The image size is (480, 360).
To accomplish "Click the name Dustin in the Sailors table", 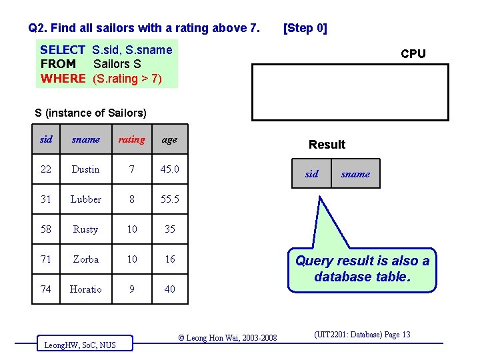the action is pos(85,169).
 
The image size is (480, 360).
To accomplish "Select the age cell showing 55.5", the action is pos(170,199).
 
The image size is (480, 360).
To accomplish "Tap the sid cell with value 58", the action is pos(46,229).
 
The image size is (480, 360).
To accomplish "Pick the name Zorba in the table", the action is pos(85,259).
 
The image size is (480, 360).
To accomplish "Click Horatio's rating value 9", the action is pos(132,289).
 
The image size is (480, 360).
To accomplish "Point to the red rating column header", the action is pos(131,139).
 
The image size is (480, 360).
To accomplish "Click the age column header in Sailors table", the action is pos(170,139).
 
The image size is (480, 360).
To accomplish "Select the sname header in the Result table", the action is pos(355,174).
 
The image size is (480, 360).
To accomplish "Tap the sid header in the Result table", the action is pos(311,174).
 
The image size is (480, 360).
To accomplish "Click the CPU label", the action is pos(413,54).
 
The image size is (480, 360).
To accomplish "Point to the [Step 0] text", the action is pos(305,28).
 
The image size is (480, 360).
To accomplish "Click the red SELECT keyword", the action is pos(63,50).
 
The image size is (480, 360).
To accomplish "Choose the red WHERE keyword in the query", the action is pos(63,79).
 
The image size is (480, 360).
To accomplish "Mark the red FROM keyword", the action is pos(58,65).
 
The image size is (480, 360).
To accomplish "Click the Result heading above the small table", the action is pos(327,145).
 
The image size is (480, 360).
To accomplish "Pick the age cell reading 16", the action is pos(170,259).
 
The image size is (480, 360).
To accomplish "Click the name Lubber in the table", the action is pos(85,199).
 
